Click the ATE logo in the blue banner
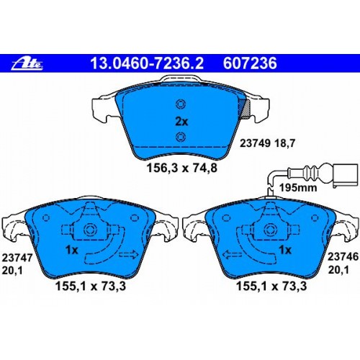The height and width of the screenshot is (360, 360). pos(27,64)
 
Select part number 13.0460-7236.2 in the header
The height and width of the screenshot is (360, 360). pos(147,63)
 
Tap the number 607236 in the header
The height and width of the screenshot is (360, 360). pos(250,63)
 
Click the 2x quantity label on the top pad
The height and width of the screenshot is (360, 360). pos(181,122)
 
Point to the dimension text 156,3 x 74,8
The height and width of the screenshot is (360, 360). pos(182,168)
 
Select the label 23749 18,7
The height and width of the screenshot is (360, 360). pos(267,143)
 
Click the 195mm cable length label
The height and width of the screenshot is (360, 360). pos(298,187)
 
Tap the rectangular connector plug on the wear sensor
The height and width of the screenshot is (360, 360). pos(345,174)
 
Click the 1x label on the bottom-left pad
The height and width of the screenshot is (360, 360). pos(72,251)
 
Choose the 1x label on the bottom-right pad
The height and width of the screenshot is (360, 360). pos(285,250)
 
